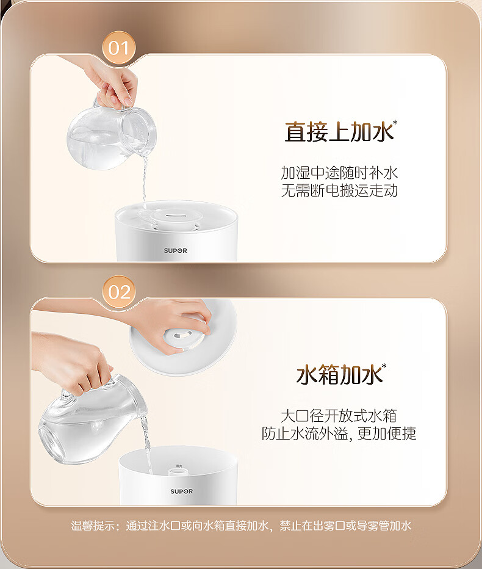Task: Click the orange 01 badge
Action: pos(118,48)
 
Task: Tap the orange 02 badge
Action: pos(118,292)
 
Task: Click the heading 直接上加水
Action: pos(339,131)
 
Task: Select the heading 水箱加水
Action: pos(339,375)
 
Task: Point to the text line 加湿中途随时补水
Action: pos(339,173)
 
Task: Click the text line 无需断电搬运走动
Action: pos(339,190)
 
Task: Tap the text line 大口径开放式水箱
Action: pos(339,416)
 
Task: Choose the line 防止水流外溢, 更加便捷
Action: pos(339,433)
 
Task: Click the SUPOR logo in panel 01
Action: pos(175,250)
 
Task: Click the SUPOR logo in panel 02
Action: pos(181,491)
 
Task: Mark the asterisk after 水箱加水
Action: pos(384,366)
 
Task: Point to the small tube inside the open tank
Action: pos(176,472)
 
